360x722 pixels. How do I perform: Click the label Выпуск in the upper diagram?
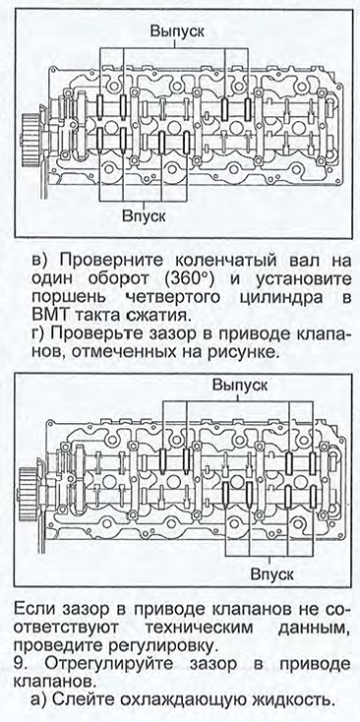click(x=177, y=31)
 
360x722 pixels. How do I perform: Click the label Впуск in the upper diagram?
click(x=144, y=216)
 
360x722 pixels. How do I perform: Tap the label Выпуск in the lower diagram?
click(x=240, y=385)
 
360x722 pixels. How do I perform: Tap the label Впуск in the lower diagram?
click(x=272, y=574)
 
